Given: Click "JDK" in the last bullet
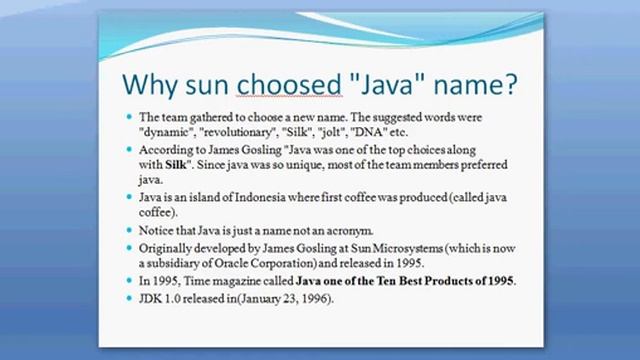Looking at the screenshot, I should click(x=152, y=299).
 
